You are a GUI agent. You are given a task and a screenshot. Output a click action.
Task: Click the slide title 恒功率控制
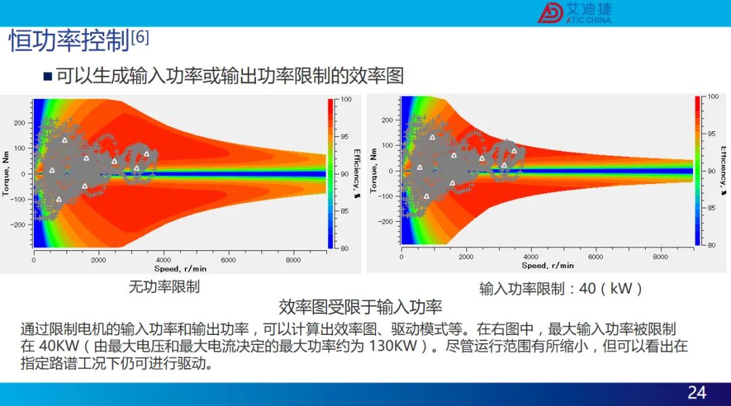coord(69,41)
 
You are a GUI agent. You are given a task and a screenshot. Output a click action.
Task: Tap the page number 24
coord(697,393)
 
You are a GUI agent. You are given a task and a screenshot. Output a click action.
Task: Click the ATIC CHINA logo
coord(575,13)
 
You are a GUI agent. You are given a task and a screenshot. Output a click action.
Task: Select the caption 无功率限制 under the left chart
coord(164,286)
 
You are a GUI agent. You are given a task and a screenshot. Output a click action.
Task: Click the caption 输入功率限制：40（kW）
coord(561,288)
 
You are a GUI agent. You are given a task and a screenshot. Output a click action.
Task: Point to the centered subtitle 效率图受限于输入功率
coord(360,307)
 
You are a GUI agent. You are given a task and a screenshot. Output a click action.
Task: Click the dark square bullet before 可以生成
coord(47,76)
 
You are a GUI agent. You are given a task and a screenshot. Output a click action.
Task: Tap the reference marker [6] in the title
coord(140,37)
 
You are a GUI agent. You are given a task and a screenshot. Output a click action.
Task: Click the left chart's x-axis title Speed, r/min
coord(180,269)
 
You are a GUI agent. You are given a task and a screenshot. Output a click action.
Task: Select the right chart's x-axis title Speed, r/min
coord(548,266)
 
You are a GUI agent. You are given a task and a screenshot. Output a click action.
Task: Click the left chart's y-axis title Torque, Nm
coord(5,173)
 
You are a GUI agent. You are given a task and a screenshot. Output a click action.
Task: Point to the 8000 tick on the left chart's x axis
coord(293,260)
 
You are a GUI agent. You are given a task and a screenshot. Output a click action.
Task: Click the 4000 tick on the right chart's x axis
coord(531,257)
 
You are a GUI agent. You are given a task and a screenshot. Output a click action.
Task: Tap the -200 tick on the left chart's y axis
coord(18,225)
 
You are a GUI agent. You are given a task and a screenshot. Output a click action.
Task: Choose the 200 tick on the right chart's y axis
coord(387,120)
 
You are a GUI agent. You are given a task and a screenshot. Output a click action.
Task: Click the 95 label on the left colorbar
coord(345,137)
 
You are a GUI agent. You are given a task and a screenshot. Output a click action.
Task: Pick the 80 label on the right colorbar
coord(711,245)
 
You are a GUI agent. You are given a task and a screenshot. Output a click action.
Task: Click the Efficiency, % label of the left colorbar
coord(357,173)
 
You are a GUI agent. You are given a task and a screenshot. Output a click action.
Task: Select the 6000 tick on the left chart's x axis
coord(229,260)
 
